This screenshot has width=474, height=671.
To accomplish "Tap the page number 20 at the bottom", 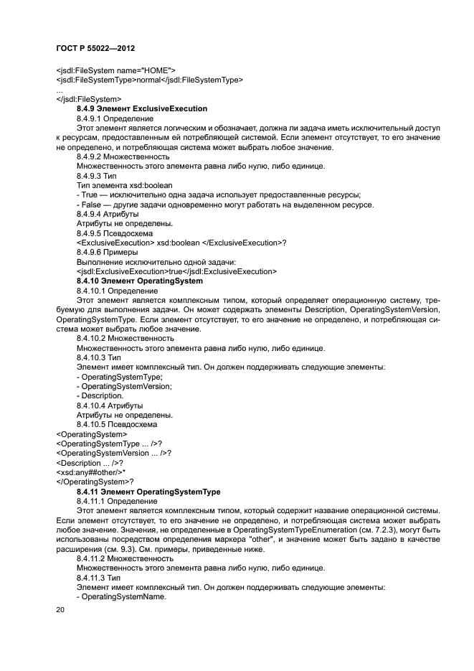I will pos(60,609).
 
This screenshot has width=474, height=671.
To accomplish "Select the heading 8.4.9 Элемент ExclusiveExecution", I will pos(141,108).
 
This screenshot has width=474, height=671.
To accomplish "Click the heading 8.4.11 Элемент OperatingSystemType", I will pos(148,491).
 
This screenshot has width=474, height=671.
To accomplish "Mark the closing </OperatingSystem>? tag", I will pos(90,482).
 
